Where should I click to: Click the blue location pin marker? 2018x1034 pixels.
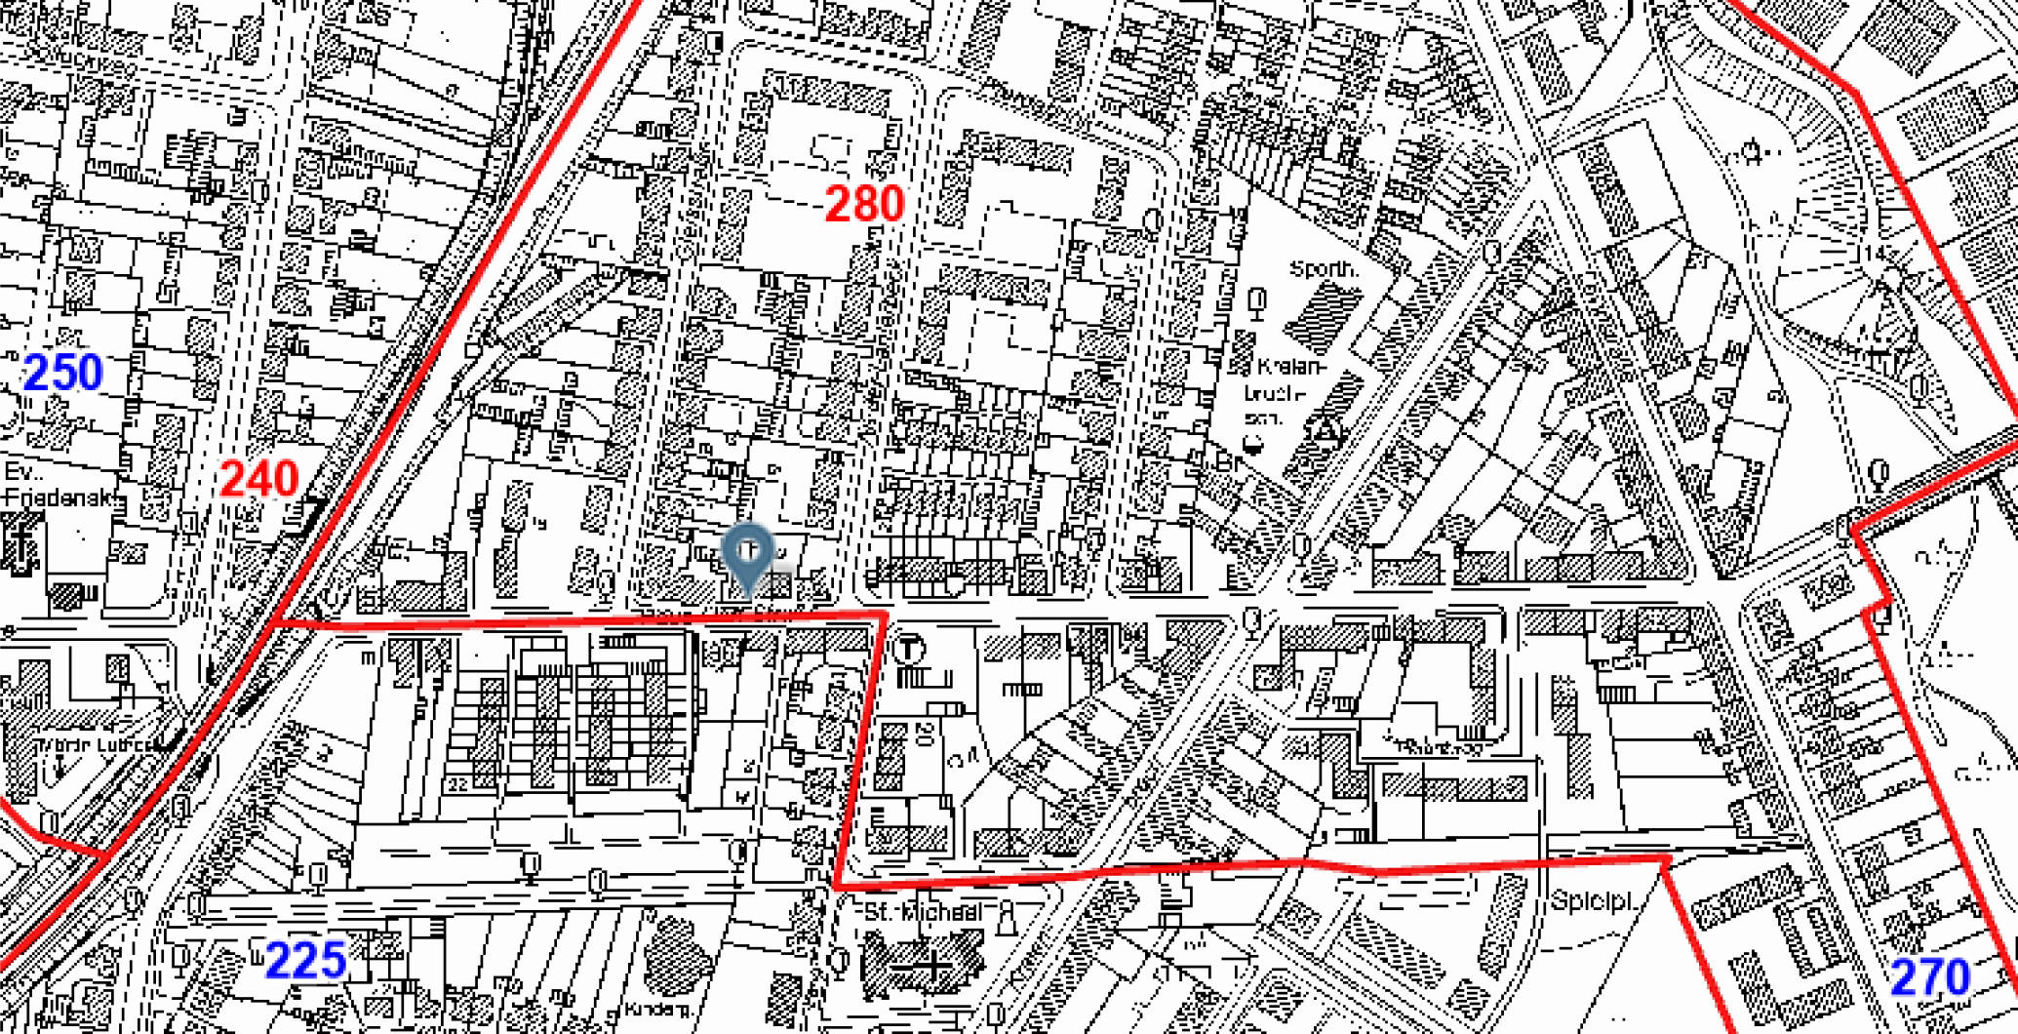(x=748, y=556)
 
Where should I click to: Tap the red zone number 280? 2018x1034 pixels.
(x=864, y=204)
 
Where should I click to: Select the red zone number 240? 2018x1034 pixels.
(x=258, y=479)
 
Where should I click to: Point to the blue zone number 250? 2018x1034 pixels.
(x=63, y=373)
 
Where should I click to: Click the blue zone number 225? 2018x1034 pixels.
(x=305, y=961)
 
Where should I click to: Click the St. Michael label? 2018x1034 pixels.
(x=923, y=913)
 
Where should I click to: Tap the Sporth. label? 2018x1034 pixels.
(x=1324, y=268)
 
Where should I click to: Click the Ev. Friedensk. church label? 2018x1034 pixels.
(x=59, y=485)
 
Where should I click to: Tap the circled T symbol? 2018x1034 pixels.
(x=909, y=648)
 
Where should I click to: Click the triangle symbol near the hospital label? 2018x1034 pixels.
(x=1325, y=429)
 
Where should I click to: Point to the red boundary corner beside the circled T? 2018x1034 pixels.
(x=884, y=614)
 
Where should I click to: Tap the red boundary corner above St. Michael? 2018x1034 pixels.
(x=836, y=885)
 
